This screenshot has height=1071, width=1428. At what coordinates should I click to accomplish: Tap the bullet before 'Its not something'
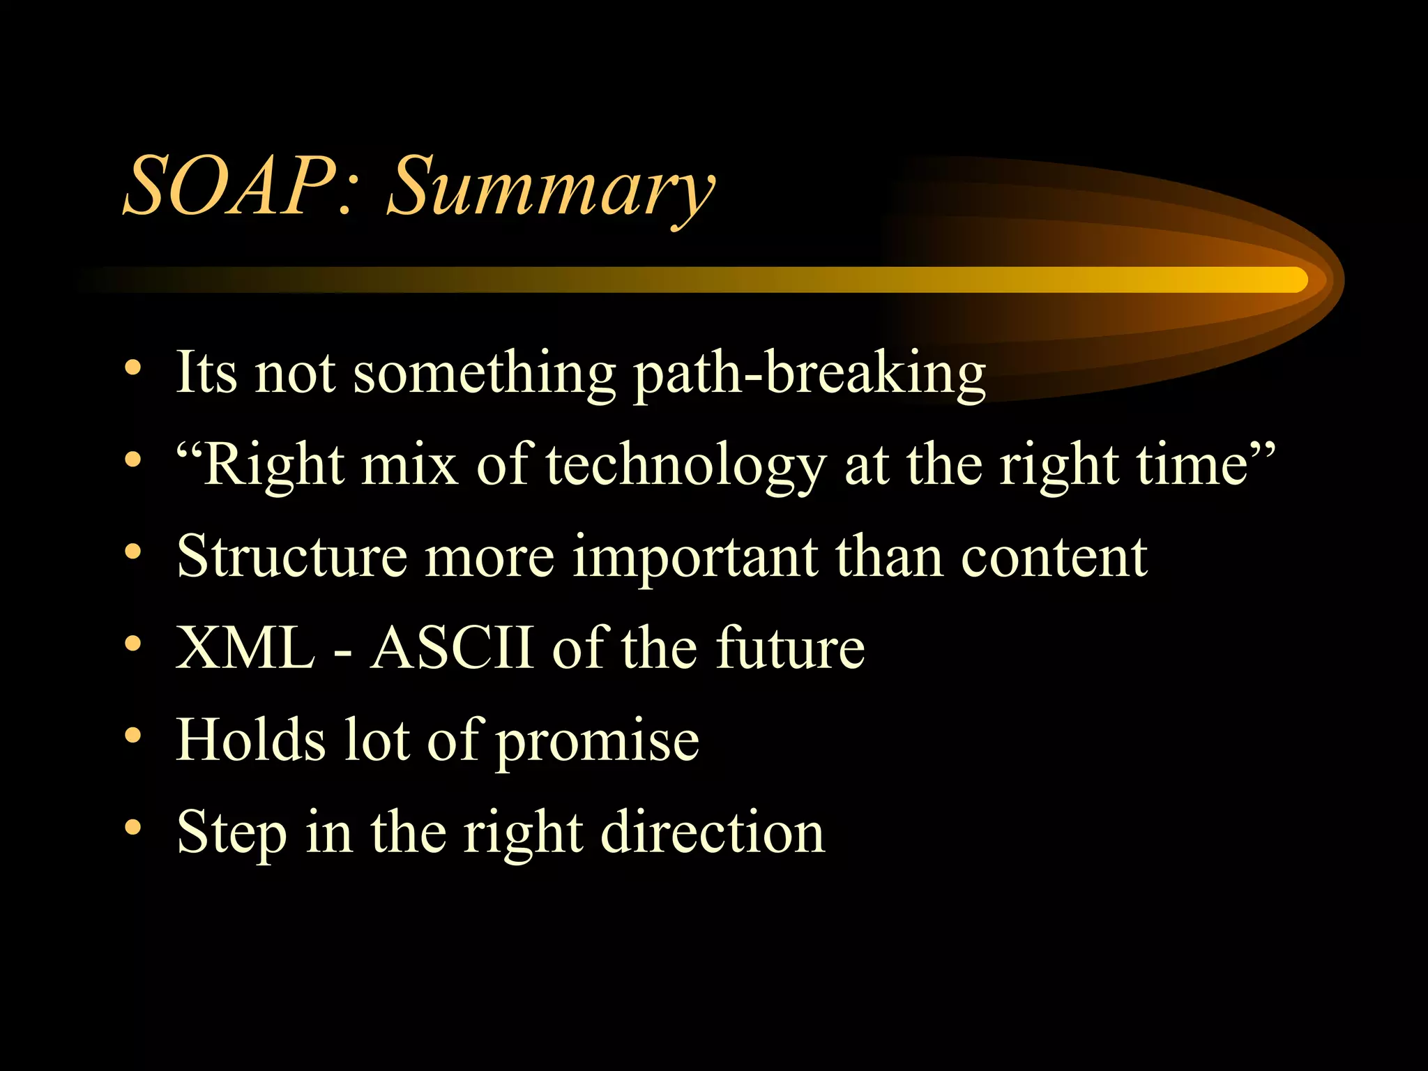tap(133, 368)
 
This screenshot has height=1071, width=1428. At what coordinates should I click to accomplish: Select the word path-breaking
tap(809, 374)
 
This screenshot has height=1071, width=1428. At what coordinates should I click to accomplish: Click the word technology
tap(686, 466)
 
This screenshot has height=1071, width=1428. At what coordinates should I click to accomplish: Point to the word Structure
tap(291, 556)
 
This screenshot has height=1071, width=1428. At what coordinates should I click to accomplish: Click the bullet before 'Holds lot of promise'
tap(133, 736)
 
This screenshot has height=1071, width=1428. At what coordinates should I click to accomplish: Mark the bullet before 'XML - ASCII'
tap(133, 644)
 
